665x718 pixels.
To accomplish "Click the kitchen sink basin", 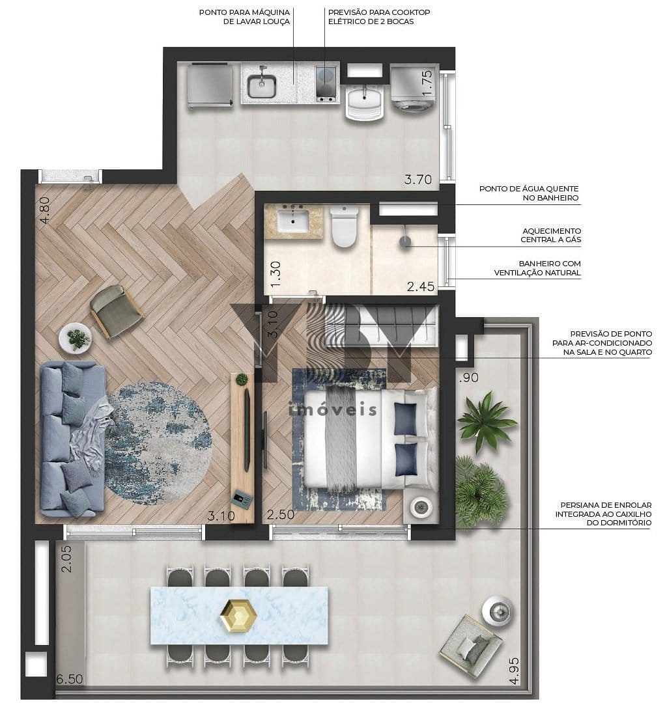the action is (262, 86).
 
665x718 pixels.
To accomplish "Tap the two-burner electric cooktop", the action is (326, 83).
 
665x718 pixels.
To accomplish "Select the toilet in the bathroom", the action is (344, 227).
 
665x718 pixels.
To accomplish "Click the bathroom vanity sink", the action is (293, 221).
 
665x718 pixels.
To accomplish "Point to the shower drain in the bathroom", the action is (404, 242).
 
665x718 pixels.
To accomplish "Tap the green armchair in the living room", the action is (117, 312).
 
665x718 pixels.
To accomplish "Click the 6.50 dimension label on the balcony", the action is (70, 679).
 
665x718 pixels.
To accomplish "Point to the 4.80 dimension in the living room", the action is (45, 210).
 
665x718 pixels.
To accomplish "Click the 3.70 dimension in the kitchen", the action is (418, 180).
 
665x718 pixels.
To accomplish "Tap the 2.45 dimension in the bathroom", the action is (421, 286).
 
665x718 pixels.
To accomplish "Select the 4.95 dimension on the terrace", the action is (514, 671).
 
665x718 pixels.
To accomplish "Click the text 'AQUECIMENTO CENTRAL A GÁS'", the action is (551, 235).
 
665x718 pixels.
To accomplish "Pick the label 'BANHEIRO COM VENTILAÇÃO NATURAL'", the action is (537, 268).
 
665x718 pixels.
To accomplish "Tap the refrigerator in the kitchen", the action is (209, 86).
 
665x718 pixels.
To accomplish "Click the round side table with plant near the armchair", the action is (75, 338).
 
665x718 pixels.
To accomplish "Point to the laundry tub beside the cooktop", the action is (364, 104).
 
